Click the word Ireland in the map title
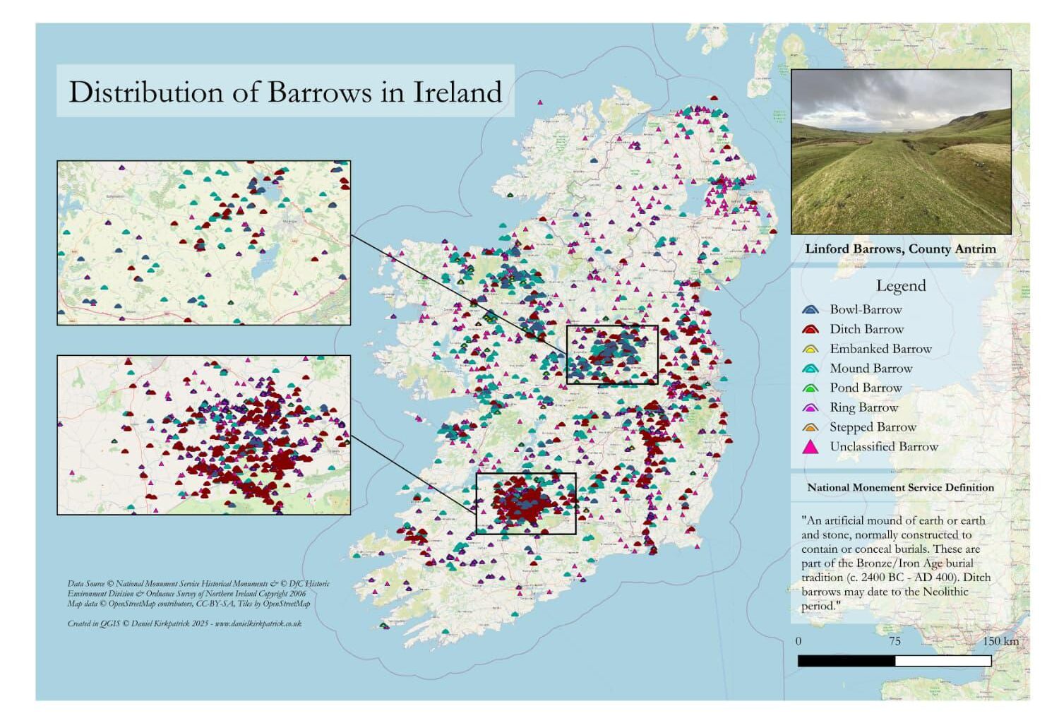[457, 92]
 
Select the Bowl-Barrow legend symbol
[810, 309]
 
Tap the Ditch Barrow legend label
[866, 329]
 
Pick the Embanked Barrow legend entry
[880, 349]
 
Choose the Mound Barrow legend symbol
[810, 369]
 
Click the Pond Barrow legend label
[866, 388]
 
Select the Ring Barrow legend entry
[863, 407]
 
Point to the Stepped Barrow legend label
[873, 427]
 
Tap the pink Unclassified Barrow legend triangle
[810, 446]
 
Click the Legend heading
[900, 286]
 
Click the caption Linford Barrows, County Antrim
[900, 249]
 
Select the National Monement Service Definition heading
[900, 487]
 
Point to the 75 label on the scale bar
[895, 641]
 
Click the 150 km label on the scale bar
[1000, 641]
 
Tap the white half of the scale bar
[943, 661]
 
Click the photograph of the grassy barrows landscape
[901, 152]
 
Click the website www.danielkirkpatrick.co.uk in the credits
[258, 623]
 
